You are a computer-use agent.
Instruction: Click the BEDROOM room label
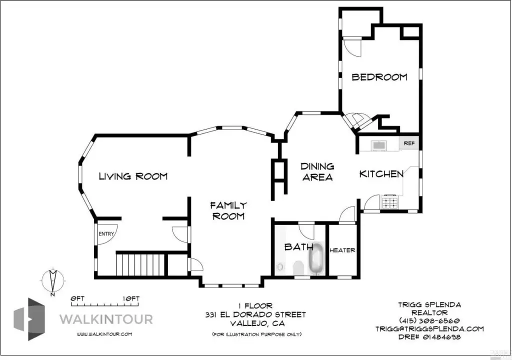[379, 77]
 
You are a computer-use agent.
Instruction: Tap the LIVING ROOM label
[133, 176]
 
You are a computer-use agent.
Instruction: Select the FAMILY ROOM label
[228, 210]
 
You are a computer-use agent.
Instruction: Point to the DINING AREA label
[317, 172]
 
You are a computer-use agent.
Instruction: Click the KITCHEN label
[381, 174]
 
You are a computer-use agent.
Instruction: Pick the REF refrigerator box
[409, 143]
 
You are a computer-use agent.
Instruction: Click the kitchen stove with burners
[389, 201]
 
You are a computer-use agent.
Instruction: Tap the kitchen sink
[378, 145]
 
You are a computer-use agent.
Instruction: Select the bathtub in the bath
[316, 258]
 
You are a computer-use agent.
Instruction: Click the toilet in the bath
[298, 268]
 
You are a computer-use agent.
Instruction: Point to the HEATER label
[342, 250]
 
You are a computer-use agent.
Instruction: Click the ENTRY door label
[106, 234]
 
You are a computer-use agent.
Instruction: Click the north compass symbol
[53, 281]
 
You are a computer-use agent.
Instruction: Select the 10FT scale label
[131, 298]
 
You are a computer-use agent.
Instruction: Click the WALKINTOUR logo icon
[29, 319]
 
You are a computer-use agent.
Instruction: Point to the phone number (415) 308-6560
[429, 321]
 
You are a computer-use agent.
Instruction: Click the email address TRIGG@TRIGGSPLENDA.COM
[429, 329]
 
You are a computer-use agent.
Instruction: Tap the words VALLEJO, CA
[257, 323]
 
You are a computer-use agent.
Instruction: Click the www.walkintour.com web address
[104, 334]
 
